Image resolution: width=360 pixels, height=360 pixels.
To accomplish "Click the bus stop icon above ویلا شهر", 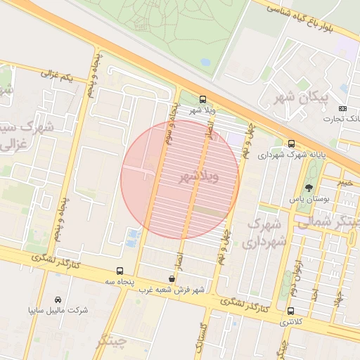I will tap(203, 99).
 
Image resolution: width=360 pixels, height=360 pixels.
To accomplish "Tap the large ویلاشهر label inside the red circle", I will tap(199, 176).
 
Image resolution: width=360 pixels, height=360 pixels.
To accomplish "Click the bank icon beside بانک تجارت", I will tap(342, 108).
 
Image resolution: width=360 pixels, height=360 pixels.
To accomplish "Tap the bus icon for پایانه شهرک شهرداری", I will tap(291, 143).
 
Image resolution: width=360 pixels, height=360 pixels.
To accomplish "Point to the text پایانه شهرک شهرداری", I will tap(291, 155).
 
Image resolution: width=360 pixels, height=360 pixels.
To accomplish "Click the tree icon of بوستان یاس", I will tap(309, 188).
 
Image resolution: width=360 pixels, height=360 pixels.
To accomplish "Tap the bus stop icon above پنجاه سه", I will tap(120, 271).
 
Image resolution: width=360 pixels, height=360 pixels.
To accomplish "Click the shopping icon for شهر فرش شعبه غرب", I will tap(172, 278).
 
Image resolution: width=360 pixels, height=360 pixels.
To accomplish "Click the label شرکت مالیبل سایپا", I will tap(58, 310).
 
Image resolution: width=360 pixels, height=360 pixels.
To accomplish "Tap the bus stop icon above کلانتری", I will tap(290, 311).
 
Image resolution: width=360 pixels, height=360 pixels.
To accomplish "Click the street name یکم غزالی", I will tap(57, 75).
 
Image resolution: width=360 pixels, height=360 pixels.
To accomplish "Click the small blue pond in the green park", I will tap(205, 62).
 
